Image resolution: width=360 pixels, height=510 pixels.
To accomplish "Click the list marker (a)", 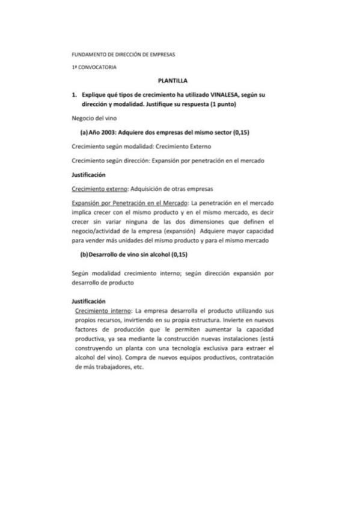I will point(85,133).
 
